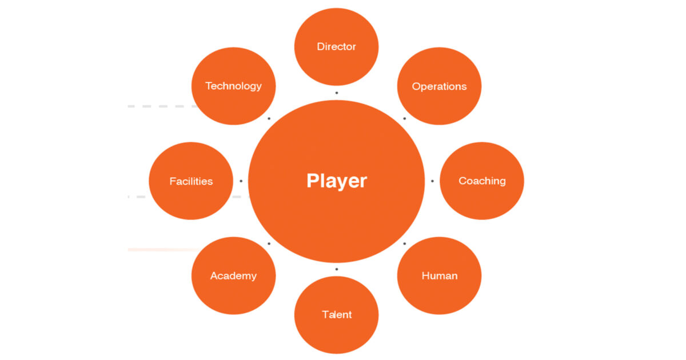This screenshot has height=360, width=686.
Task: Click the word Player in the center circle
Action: [337, 181]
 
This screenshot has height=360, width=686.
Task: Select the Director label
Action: [336, 46]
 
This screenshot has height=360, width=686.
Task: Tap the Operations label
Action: [439, 87]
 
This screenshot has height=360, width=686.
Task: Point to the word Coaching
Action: [482, 181]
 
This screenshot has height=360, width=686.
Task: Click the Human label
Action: [440, 276]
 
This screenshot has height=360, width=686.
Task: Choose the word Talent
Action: [337, 315]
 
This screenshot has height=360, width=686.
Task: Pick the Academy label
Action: [233, 276]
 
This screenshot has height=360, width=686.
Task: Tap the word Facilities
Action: [191, 181]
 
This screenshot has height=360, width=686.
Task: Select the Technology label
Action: [233, 86]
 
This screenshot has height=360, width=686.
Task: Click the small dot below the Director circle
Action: [337, 93]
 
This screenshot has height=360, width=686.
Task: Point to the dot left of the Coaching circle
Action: [432, 181]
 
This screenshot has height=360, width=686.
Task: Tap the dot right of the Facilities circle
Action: [241, 181]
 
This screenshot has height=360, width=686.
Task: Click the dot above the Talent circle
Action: [337, 269]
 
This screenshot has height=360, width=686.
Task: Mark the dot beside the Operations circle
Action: [405, 118]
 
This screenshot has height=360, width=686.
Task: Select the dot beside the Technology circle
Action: [269, 118]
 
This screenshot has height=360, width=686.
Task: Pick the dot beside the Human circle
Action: [405, 243]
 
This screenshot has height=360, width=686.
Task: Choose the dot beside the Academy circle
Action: [269, 243]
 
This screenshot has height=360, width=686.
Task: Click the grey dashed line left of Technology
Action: [163, 106]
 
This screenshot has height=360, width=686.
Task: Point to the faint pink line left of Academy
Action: [164, 250]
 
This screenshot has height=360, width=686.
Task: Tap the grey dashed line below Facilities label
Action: [189, 197]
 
